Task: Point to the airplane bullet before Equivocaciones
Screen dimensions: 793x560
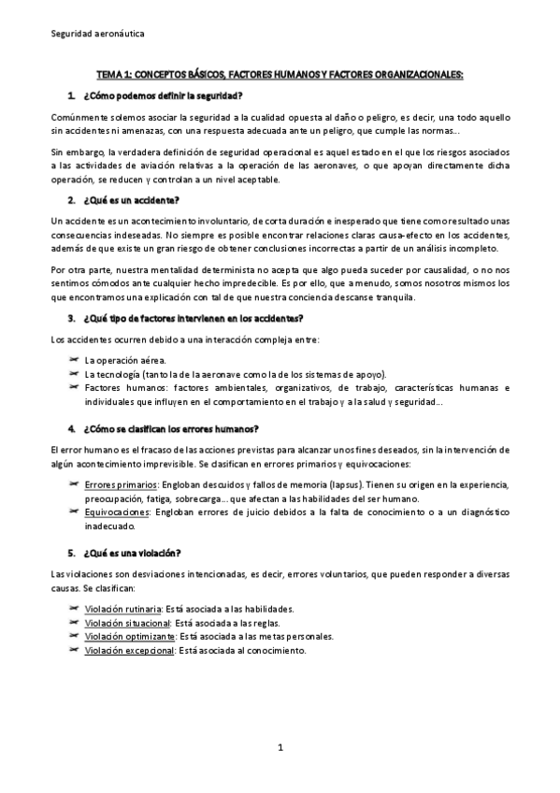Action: click(x=74, y=512)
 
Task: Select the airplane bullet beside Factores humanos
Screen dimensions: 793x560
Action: click(x=74, y=387)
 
